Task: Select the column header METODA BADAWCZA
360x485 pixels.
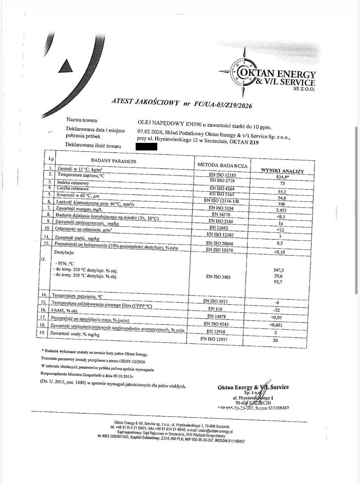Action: (x=222, y=165)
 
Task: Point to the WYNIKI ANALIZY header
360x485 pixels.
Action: (x=282, y=171)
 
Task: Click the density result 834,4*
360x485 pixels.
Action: (x=283, y=177)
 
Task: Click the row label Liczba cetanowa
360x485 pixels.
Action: (x=73, y=188)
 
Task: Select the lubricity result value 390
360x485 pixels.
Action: (x=281, y=204)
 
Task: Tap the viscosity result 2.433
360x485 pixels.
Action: (x=281, y=210)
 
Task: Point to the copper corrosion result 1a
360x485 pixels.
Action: (x=281, y=224)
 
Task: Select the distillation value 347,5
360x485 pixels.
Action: (x=279, y=270)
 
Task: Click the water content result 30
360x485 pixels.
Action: (x=275, y=340)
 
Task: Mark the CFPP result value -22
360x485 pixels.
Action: (x=277, y=310)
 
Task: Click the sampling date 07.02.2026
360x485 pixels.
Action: (x=150, y=132)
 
